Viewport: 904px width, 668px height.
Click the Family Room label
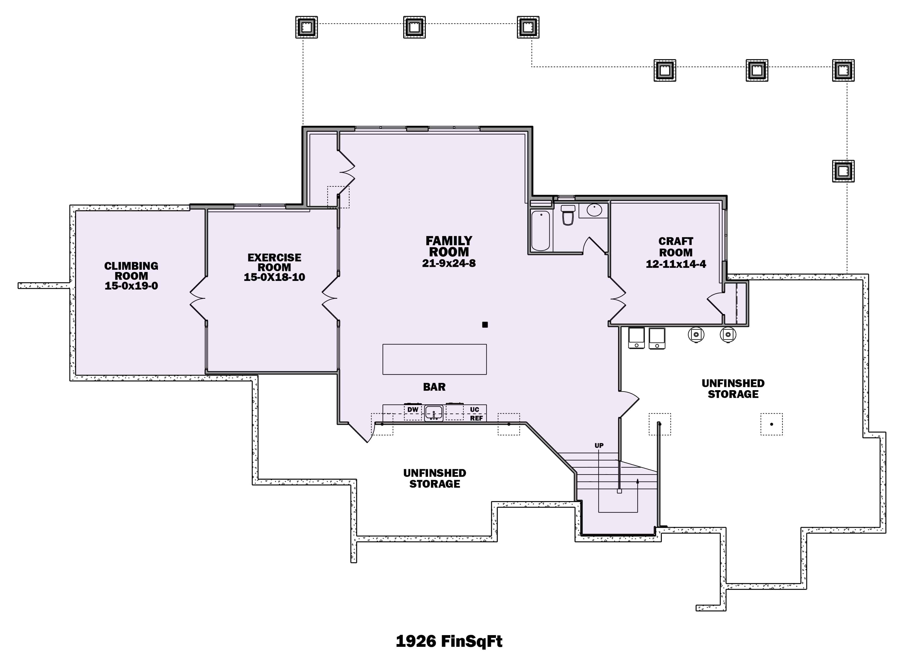coord(449,246)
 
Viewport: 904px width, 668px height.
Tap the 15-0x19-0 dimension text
coord(131,286)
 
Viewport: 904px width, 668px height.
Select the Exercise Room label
coord(274,263)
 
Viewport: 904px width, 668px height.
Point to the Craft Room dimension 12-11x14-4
coord(675,264)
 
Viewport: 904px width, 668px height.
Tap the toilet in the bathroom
coord(568,215)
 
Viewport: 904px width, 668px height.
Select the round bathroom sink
coord(594,210)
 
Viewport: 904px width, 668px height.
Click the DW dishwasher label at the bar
coord(412,410)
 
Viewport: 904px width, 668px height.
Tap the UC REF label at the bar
coord(475,414)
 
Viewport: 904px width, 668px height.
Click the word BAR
coord(434,387)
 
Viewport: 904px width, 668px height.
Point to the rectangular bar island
coord(434,359)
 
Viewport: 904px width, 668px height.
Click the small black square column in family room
coord(485,324)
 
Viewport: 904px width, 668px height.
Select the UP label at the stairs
coord(599,445)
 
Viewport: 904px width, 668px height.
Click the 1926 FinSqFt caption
coord(449,641)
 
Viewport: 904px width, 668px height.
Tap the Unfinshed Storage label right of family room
coord(733,388)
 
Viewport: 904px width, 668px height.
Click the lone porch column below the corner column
coord(843,171)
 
